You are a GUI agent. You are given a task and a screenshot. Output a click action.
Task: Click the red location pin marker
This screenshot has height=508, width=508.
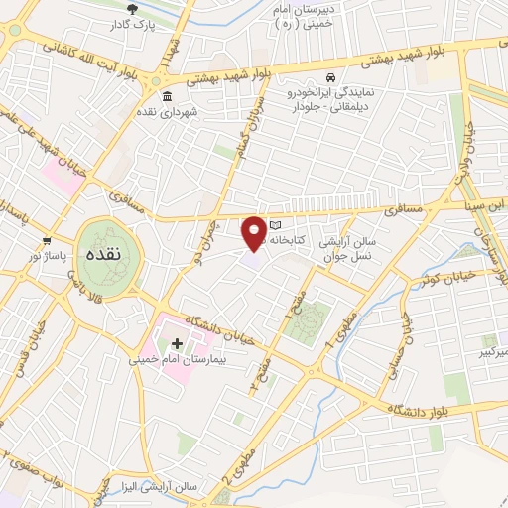(255, 233)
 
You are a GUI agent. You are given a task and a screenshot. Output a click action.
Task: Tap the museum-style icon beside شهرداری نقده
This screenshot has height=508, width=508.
(166, 96)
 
